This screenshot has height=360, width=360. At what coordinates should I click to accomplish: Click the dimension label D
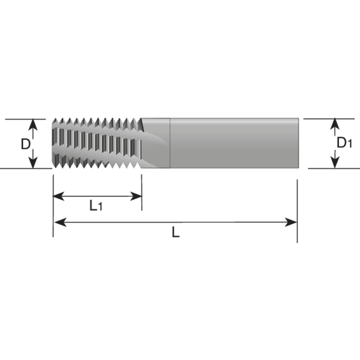(25, 144)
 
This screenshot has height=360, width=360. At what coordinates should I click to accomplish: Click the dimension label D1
(344, 143)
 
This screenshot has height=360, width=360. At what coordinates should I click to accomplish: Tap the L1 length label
(96, 206)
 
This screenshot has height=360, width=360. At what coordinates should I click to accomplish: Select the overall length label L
(175, 233)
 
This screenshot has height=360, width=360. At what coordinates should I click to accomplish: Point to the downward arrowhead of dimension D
(33, 163)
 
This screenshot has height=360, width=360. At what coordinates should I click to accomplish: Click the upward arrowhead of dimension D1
(335, 123)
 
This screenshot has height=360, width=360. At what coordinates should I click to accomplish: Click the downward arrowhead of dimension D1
(335, 163)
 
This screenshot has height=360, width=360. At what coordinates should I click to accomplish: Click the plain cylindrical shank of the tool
(234, 143)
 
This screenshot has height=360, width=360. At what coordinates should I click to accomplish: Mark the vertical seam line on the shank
(170, 143)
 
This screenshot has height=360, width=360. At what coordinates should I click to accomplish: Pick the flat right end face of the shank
(298, 143)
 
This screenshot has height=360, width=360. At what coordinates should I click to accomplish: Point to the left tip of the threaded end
(53, 143)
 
